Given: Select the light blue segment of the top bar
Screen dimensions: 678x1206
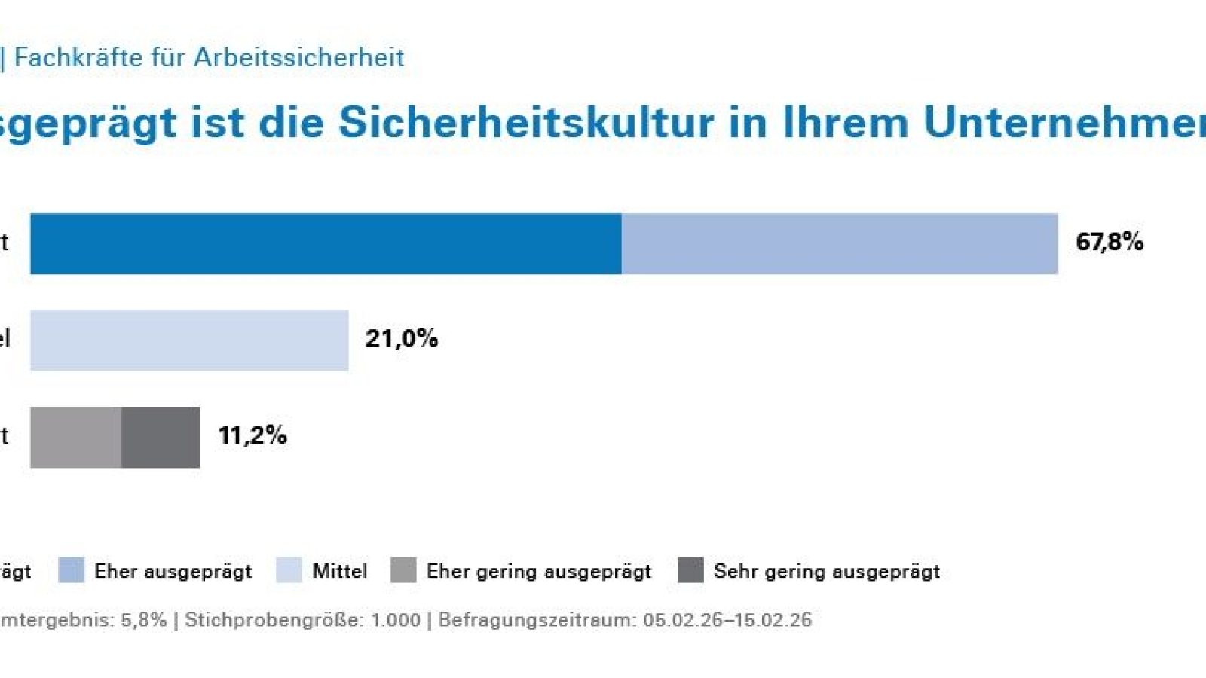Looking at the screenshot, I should tap(839, 243).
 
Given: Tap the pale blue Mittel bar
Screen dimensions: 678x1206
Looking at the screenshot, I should tap(189, 340).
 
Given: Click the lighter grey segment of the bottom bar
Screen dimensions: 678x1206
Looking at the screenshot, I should tap(75, 437).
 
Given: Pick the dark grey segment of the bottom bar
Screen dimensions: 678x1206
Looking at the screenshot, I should tap(161, 437).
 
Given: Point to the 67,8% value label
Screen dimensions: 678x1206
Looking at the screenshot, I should tap(1109, 242).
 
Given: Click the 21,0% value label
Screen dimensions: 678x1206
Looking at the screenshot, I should tap(401, 338).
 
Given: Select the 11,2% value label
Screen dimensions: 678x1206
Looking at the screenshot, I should tap(252, 435).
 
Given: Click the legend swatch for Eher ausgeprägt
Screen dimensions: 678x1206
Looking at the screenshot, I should tap(71, 570).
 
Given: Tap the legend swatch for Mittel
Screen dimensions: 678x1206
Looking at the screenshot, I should tap(289, 570).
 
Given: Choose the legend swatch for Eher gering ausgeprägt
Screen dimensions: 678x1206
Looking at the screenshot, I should tap(403, 570).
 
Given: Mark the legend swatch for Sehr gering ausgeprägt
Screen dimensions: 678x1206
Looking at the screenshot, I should tap(690, 570).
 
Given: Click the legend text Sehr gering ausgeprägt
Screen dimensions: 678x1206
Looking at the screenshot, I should tap(826, 571).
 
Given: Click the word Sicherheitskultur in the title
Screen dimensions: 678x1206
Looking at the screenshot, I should tap(525, 122).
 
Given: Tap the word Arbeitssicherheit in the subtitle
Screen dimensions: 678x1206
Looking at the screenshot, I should tap(298, 57).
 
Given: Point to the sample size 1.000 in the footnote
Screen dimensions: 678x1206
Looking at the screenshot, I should tap(395, 620).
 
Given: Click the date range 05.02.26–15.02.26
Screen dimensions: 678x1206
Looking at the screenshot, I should tap(727, 620).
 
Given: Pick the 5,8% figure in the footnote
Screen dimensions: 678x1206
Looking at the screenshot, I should tap(143, 620).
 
